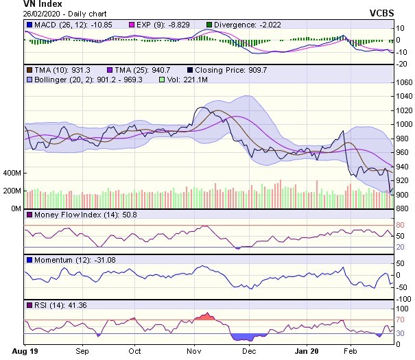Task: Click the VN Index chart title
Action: pos(23,4)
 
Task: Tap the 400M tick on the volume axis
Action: pos(12,173)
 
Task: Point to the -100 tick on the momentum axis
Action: pos(403,299)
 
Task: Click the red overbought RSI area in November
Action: pos(204,316)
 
